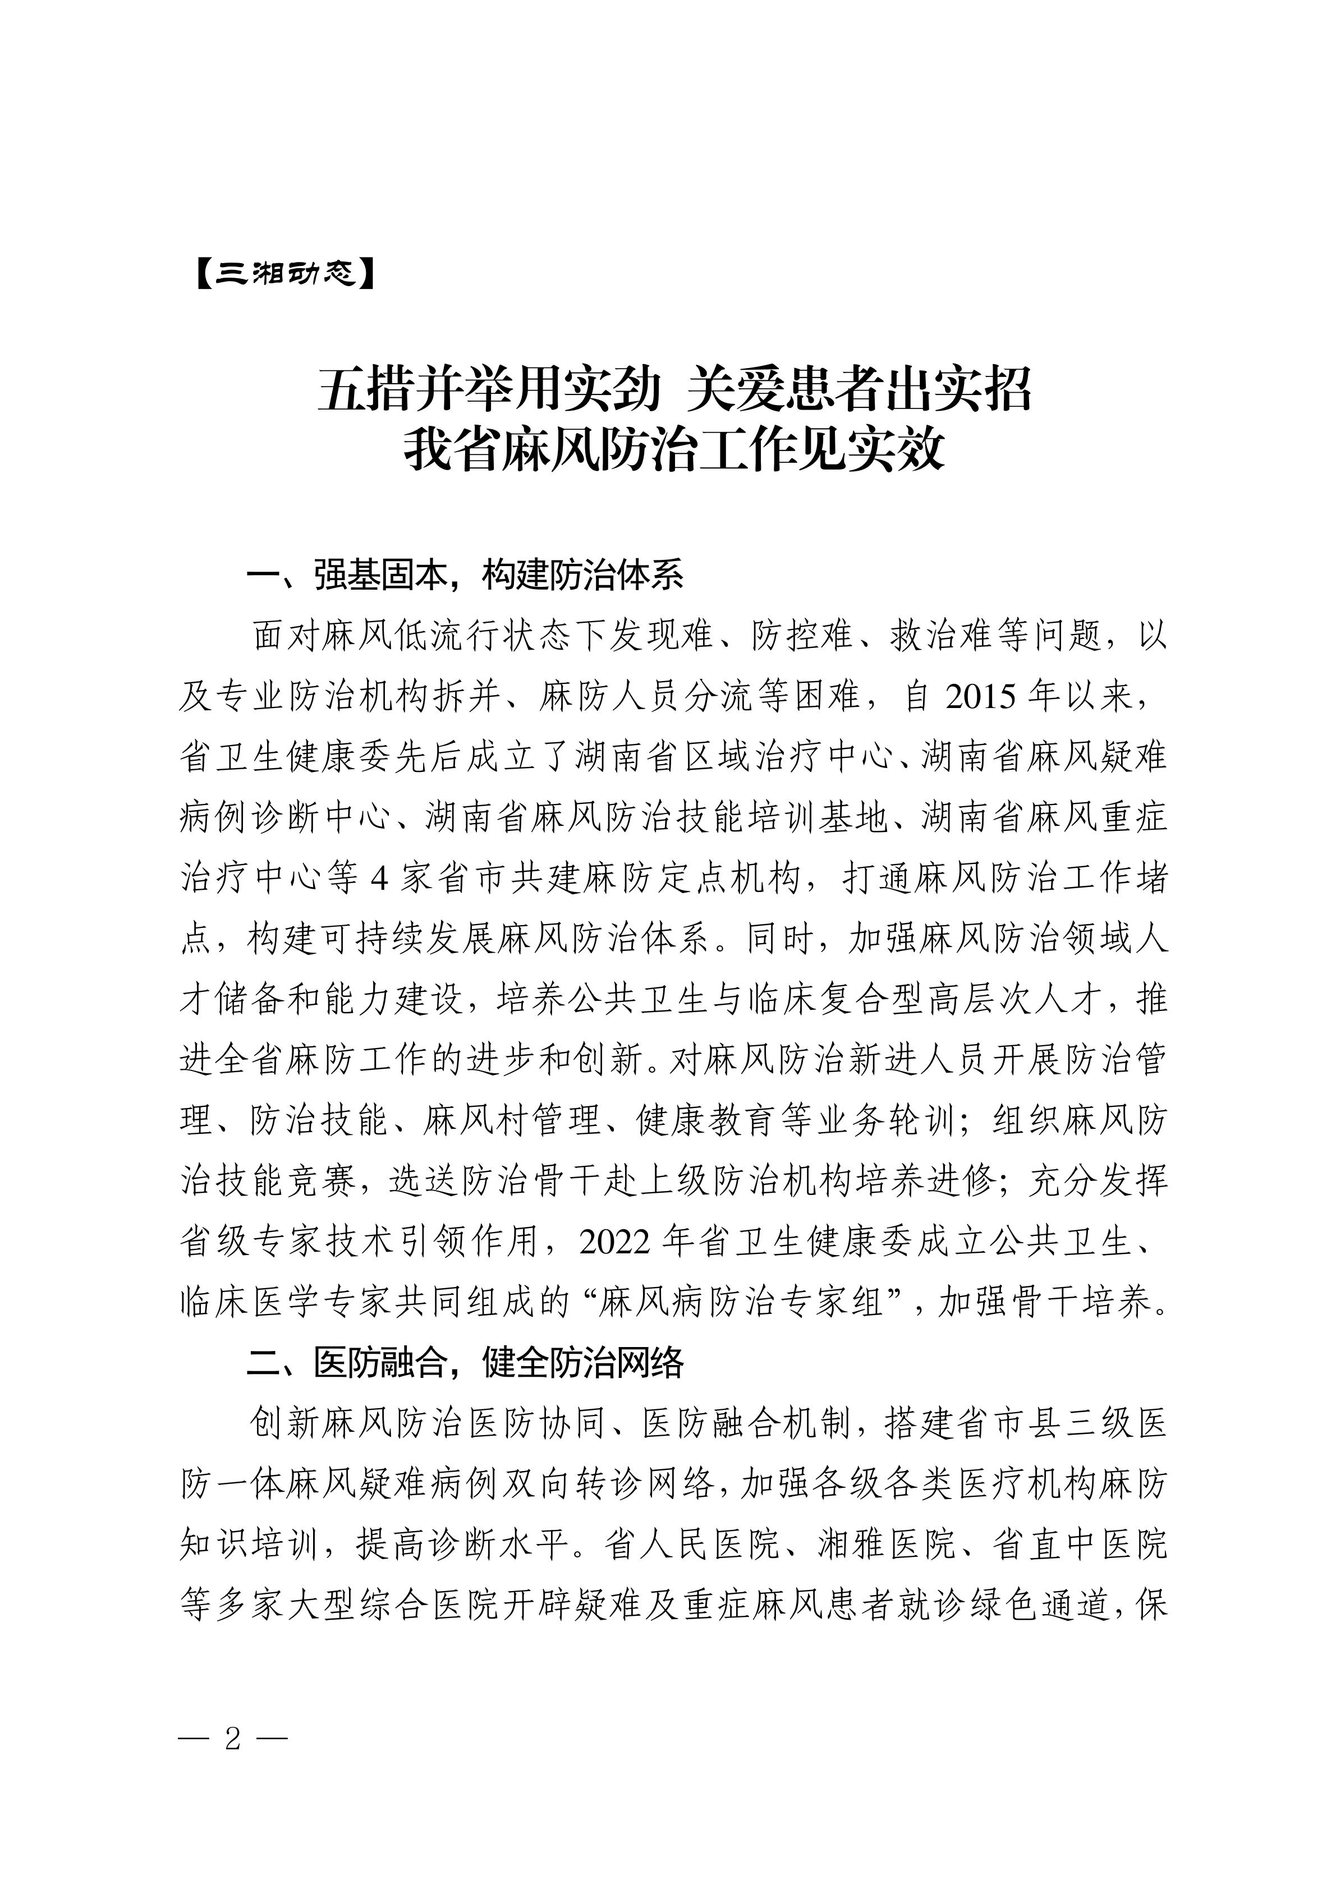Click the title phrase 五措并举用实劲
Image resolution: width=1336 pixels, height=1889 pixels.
pos(489,389)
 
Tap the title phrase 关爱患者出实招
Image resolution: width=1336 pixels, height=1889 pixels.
pos(860,389)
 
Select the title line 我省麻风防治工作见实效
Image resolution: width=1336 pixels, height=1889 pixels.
pos(674,451)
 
